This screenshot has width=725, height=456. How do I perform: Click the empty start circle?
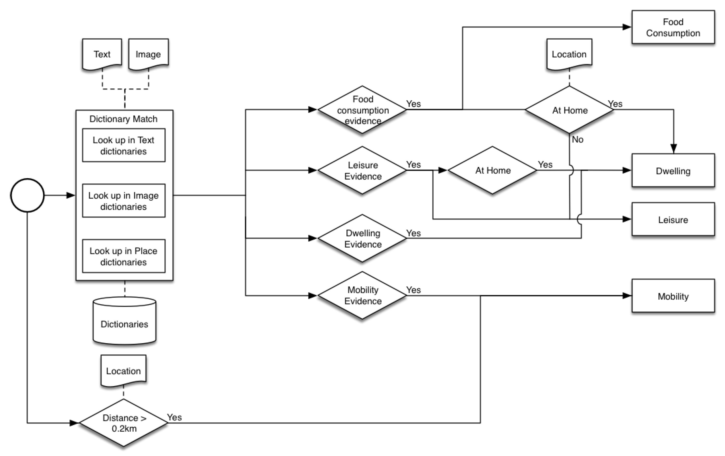(x=27, y=195)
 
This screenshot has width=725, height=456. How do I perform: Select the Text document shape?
(x=102, y=54)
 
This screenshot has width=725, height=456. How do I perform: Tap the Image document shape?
(x=148, y=54)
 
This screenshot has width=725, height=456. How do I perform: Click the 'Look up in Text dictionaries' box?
(x=124, y=146)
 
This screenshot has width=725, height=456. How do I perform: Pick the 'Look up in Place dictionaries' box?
(x=124, y=256)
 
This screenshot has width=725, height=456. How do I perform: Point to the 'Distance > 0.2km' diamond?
(x=124, y=423)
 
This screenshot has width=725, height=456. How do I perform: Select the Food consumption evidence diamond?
(x=362, y=110)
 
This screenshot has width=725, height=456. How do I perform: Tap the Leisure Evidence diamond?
(x=362, y=170)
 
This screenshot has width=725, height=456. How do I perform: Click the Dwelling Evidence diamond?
(x=362, y=238)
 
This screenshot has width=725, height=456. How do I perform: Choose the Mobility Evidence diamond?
(x=362, y=295)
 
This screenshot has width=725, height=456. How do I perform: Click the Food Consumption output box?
(x=673, y=27)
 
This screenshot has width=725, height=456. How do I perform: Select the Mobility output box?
(x=673, y=296)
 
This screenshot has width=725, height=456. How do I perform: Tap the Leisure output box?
(x=673, y=219)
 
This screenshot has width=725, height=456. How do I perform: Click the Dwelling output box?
(x=673, y=171)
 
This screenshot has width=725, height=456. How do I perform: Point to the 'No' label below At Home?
(x=577, y=140)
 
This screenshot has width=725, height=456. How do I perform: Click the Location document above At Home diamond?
(x=569, y=54)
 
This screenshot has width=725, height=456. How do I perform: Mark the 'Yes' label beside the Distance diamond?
(x=174, y=417)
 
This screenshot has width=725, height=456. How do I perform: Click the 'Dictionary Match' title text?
(x=123, y=119)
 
